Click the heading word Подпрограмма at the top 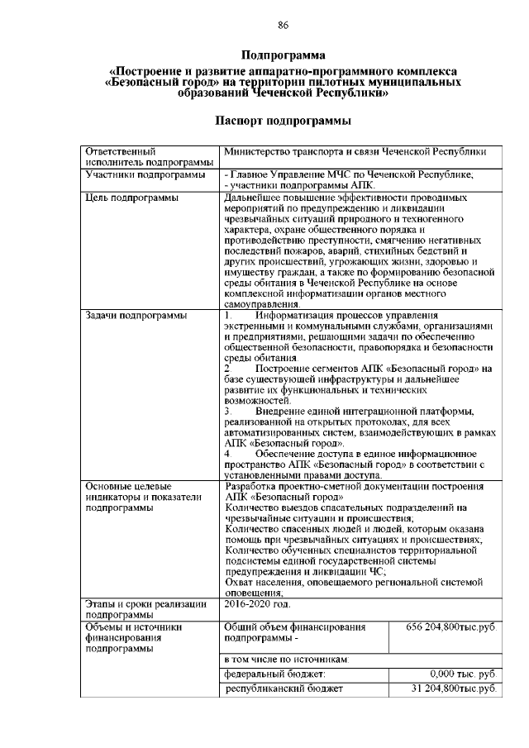(x=283, y=55)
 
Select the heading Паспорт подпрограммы (x=283, y=121)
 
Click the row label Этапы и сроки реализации (x=145, y=606)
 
